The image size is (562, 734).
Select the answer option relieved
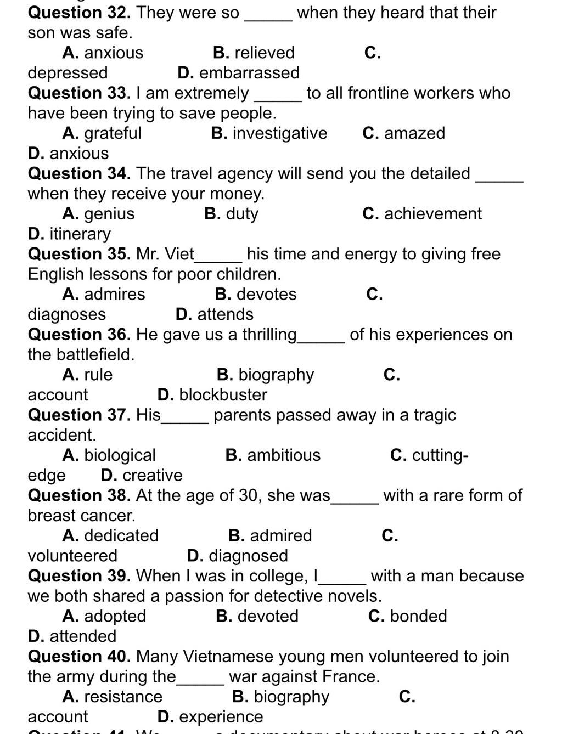coord(264,53)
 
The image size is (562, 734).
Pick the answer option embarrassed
coord(249,73)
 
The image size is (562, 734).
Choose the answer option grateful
coord(113,133)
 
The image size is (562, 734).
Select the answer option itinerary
coord(80,234)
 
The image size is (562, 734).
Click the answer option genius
coord(109,214)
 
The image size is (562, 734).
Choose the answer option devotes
coord(266,295)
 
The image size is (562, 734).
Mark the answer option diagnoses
coord(67,314)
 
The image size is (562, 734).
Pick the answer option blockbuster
coord(223,395)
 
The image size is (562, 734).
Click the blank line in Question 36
coord(322,341)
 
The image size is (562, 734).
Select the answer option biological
coord(120,455)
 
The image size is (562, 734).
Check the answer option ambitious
coord(283,455)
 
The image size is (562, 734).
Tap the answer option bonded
coord(418,616)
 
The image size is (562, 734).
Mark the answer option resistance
coord(123,697)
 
